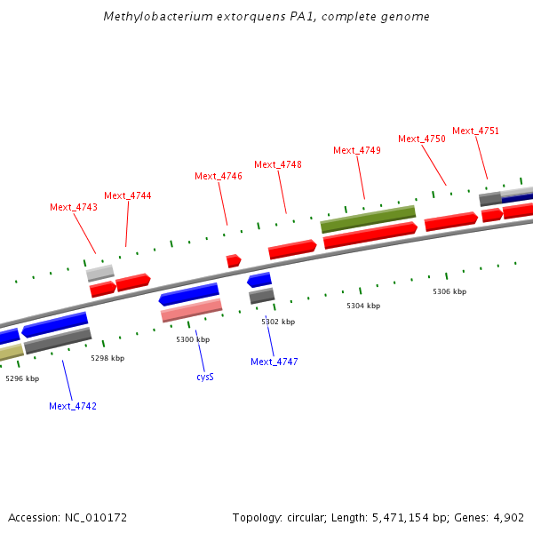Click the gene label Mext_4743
click(x=74, y=207)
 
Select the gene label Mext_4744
click(x=128, y=195)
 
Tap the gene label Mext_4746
click(x=219, y=176)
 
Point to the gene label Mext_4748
click(x=278, y=164)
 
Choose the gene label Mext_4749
click(x=357, y=150)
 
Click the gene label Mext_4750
click(x=422, y=139)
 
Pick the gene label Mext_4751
click(x=476, y=131)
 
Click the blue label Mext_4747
click(x=274, y=362)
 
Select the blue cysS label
click(x=205, y=377)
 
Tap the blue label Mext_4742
click(x=73, y=406)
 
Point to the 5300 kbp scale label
click(x=193, y=339)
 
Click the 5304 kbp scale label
click(x=363, y=306)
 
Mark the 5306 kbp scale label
click(x=449, y=291)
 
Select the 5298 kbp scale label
click(x=107, y=358)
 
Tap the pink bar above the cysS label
click(x=191, y=310)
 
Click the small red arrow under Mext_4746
click(x=234, y=260)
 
